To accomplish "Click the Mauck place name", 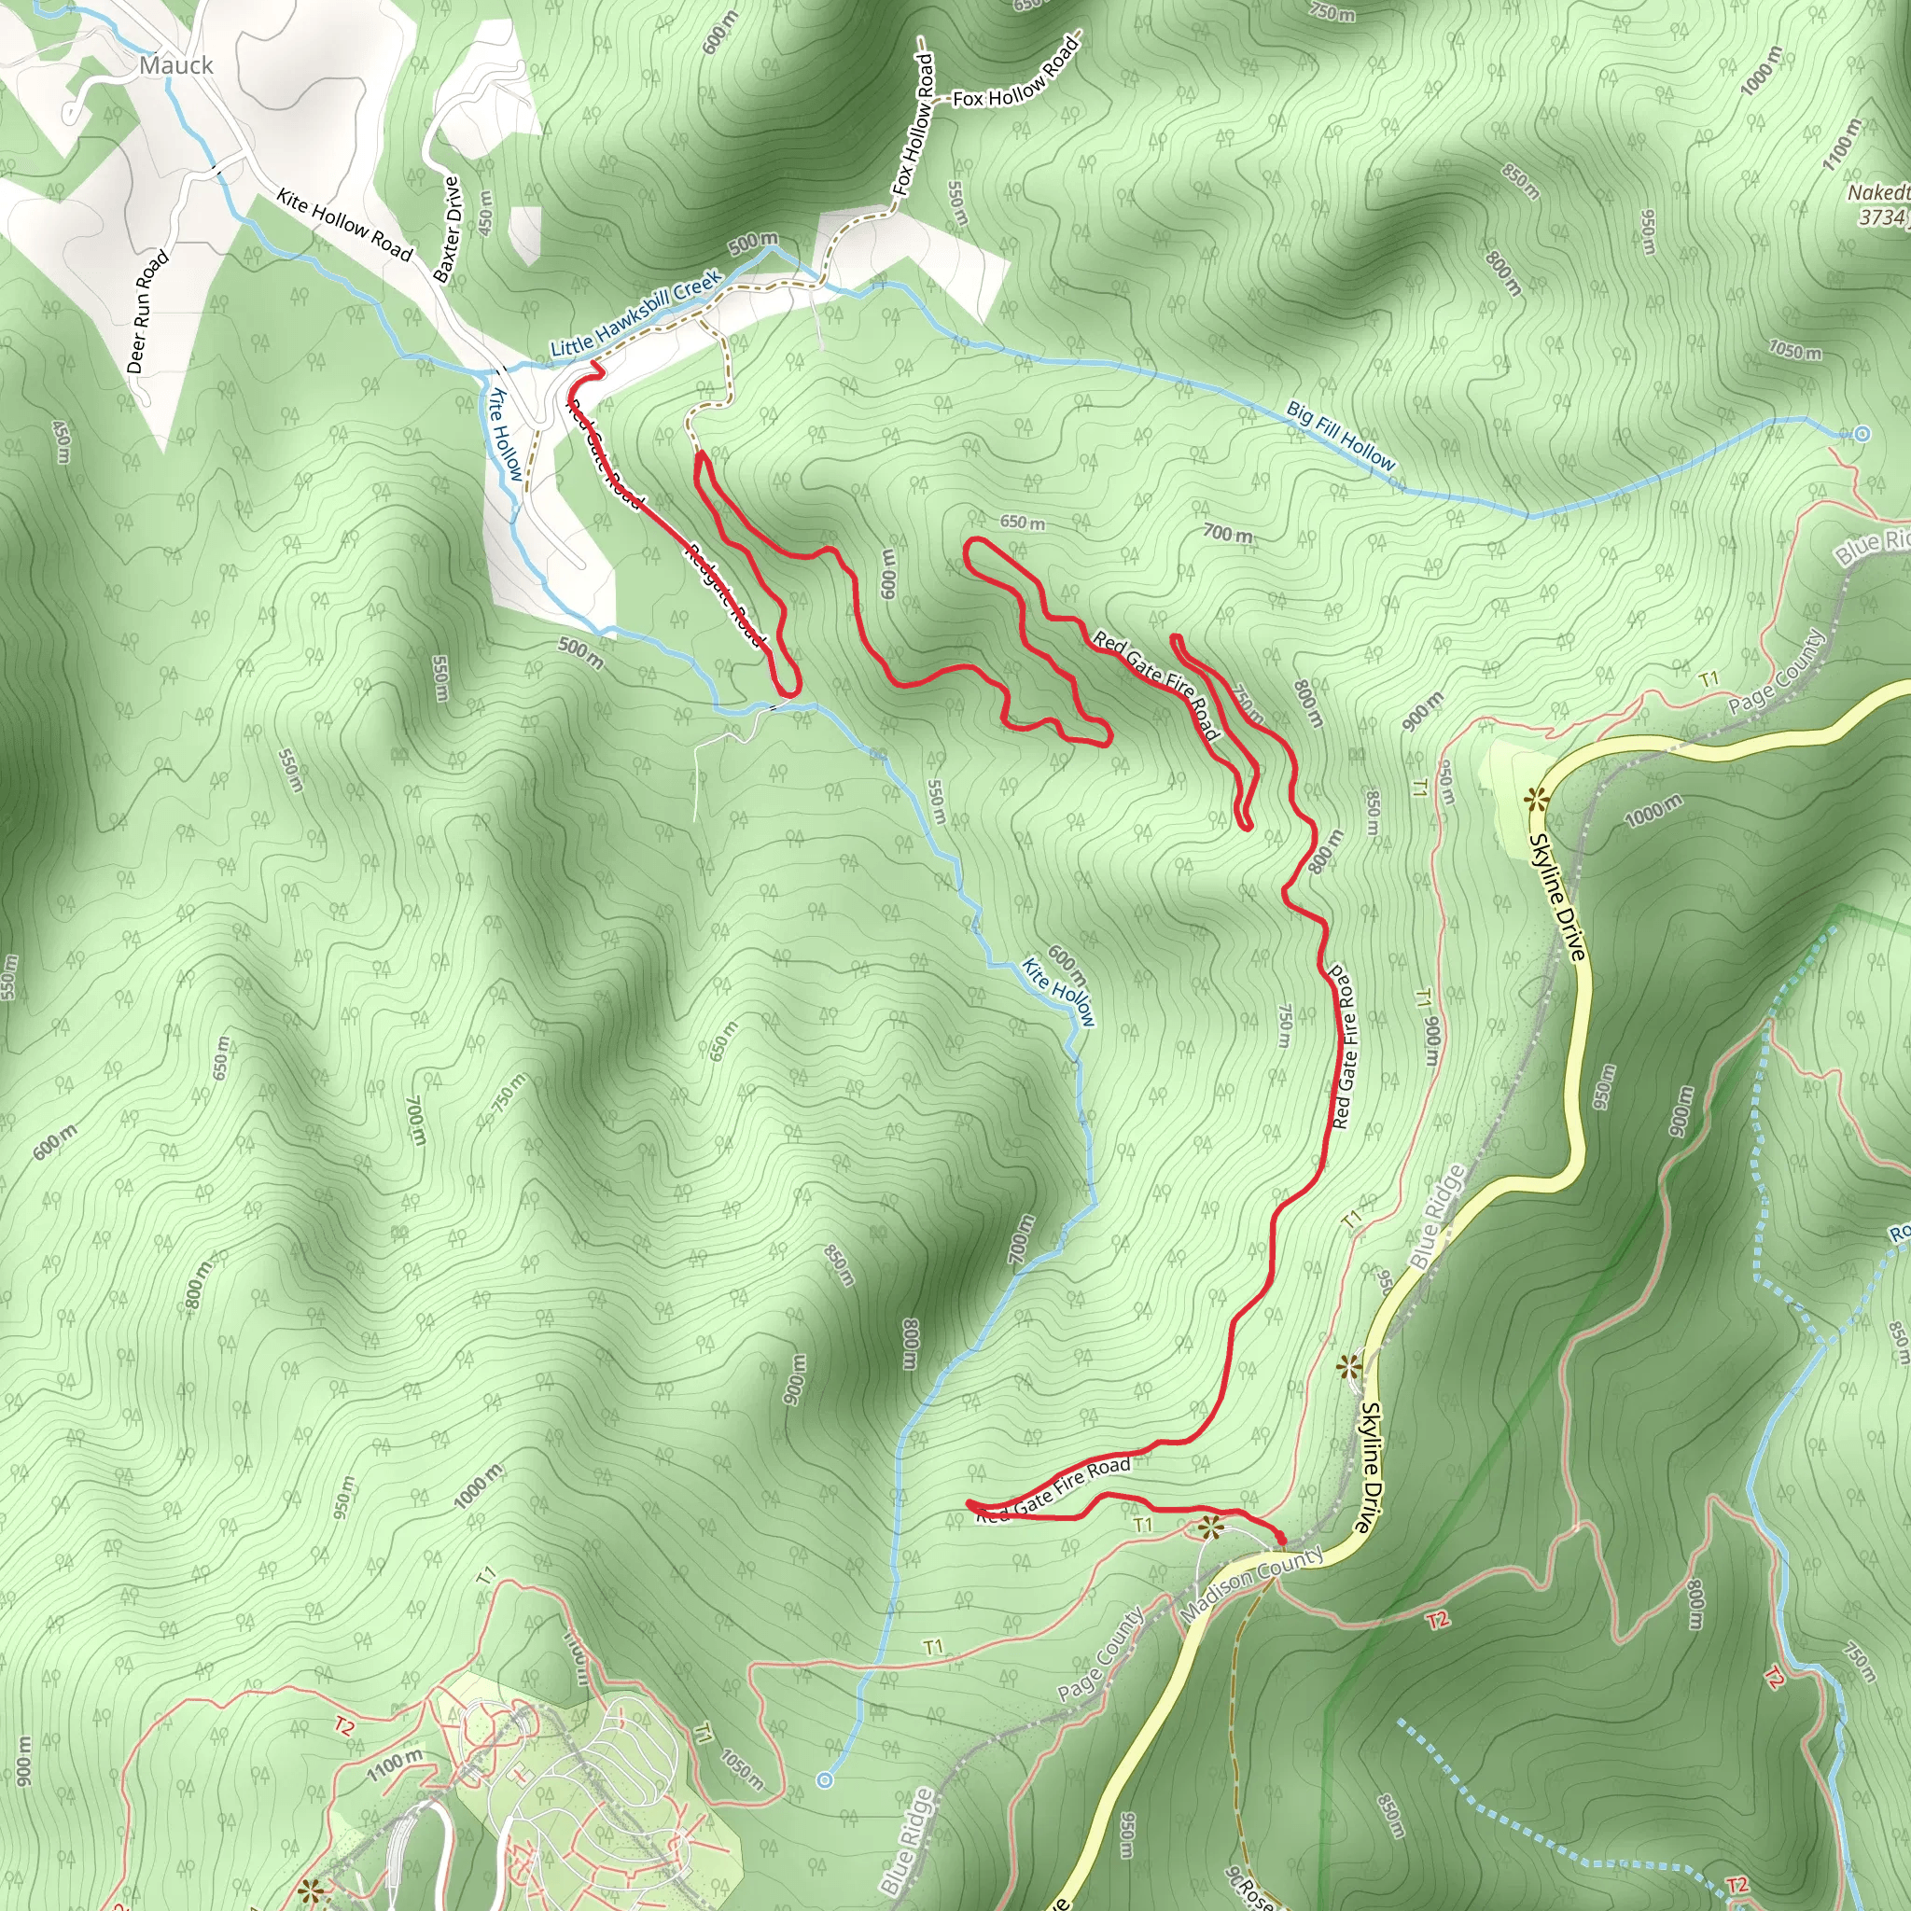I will (176, 65).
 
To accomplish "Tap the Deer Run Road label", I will (147, 312).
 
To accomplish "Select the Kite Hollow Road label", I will (343, 225).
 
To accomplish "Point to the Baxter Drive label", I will (448, 230).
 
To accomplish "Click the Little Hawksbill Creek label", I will (636, 314).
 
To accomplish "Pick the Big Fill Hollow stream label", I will (1340, 435).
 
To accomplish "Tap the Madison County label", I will (1251, 1582).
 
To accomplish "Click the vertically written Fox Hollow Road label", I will (913, 124).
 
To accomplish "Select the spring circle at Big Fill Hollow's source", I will (1862, 433).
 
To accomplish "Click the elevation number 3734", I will (1883, 216).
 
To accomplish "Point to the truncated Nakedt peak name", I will (1877, 192).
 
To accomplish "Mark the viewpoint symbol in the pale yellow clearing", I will (1534, 798).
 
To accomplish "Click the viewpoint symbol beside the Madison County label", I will (1208, 1528).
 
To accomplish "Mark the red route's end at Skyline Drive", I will (1281, 1541).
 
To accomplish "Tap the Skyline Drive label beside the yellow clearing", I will (1557, 896).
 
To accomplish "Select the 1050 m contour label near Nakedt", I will (1794, 351).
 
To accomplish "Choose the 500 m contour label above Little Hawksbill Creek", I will (753, 242).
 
